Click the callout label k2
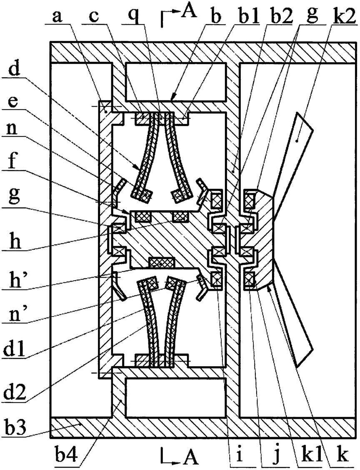pyautogui.click(x=339, y=17)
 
